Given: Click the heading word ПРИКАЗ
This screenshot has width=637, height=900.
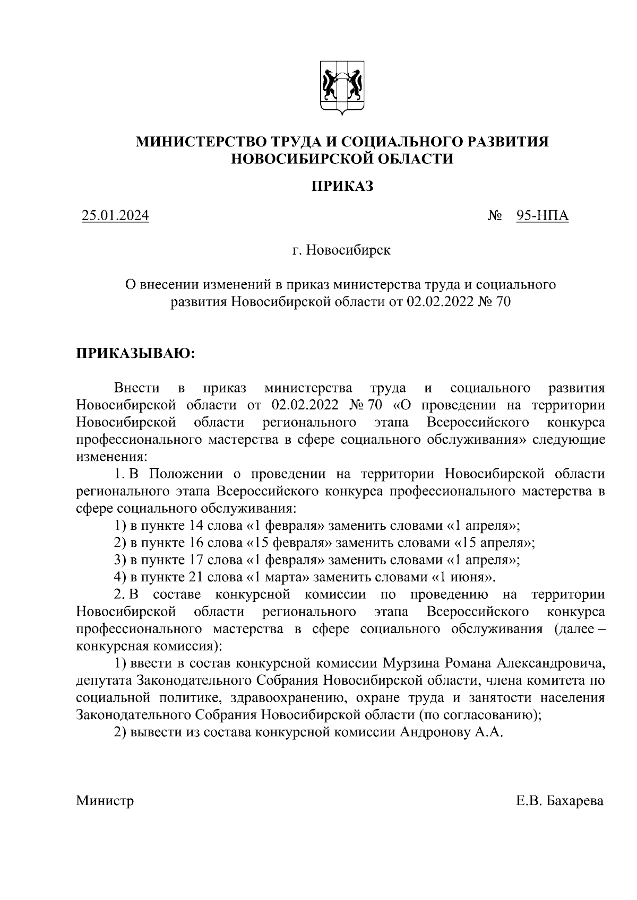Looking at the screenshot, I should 342,186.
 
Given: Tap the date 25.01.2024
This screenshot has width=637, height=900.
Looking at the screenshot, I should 115,216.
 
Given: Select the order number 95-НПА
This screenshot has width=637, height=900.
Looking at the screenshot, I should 542,216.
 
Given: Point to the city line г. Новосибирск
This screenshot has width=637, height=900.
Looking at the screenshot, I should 342,250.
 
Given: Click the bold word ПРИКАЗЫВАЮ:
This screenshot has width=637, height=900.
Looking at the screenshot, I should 136,354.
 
